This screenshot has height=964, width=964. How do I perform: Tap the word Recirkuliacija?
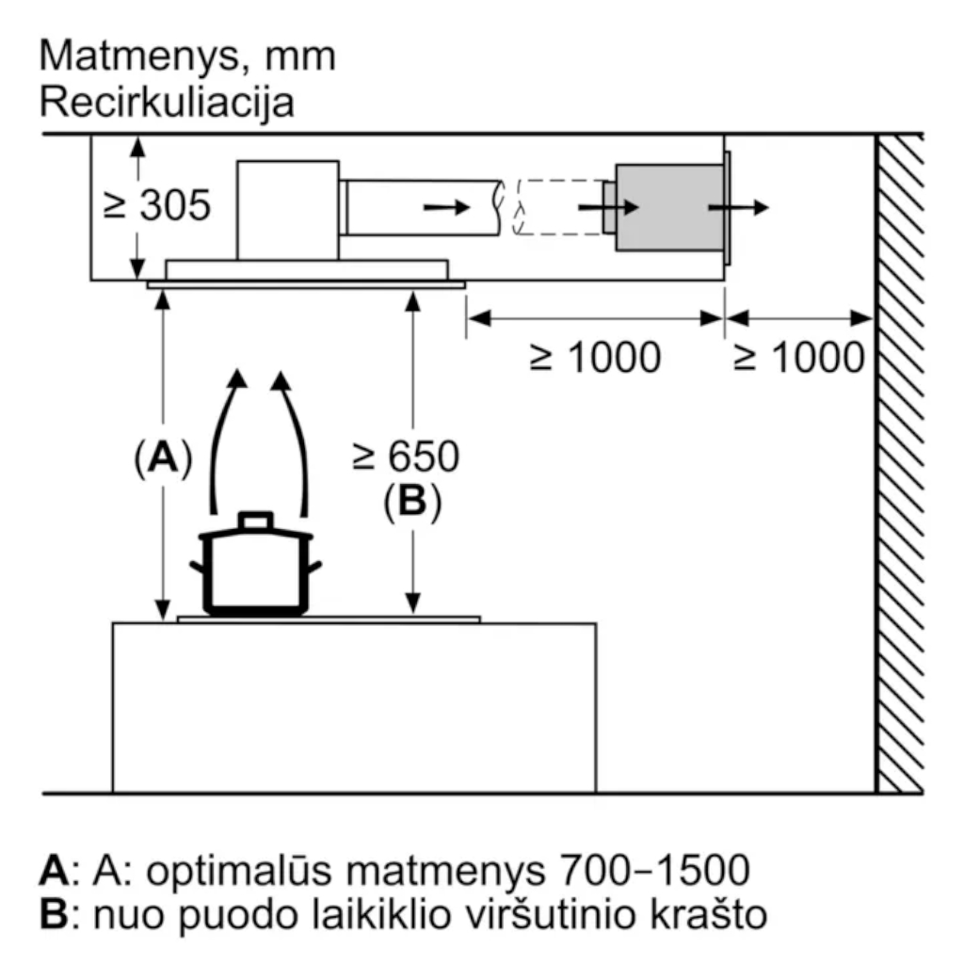[x=167, y=102]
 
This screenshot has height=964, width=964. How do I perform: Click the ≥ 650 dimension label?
[x=406, y=457]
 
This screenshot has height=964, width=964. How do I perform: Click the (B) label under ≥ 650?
[x=411, y=503]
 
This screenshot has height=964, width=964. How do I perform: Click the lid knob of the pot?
[x=256, y=520]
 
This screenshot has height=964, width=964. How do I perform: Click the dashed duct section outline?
[x=557, y=207]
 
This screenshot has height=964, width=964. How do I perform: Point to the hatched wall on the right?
[x=900, y=461]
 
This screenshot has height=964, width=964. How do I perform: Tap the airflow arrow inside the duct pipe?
[x=445, y=207]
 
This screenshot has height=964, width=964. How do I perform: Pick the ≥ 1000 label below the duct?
[x=595, y=359]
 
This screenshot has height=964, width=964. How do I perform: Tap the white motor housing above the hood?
[x=287, y=209]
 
